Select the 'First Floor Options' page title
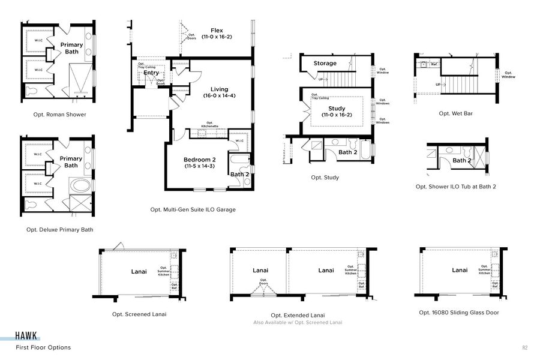43,347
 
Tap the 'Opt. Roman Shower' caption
60,114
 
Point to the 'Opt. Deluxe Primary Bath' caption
59,229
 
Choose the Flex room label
217,30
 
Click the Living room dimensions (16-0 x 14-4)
219,95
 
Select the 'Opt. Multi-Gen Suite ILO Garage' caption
193,209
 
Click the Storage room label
325,63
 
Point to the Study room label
336,108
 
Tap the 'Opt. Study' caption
325,177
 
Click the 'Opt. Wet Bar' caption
455,113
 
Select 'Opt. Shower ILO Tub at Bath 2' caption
456,187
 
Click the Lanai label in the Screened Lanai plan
139,271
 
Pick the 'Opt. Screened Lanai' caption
139,314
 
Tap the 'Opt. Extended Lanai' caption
298,315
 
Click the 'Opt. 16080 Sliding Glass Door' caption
459,312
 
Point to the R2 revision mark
525,347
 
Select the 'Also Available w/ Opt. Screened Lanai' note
298,322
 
